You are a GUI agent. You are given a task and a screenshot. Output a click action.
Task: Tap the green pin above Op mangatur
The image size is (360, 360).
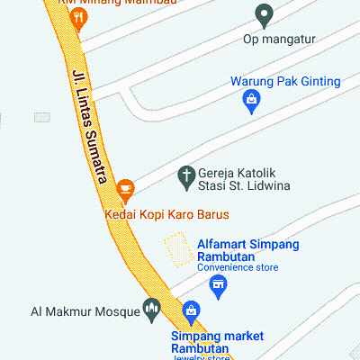[x=265, y=14]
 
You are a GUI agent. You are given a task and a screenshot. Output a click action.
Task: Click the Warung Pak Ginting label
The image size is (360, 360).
[x=285, y=82]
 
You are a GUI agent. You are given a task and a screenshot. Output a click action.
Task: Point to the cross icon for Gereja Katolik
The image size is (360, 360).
[x=186, y=175]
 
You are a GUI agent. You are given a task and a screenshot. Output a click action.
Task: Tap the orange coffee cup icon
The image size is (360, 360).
[x=125, y=188]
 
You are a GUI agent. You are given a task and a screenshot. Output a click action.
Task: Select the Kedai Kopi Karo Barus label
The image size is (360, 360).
[x=167, y=214]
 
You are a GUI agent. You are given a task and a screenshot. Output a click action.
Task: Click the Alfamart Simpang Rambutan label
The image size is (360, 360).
[x=248, y=250]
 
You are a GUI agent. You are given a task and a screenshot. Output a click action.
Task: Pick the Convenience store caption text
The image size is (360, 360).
[x=238, y=267]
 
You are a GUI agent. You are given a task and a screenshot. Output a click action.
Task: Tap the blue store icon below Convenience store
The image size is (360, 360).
[x=217, y=287]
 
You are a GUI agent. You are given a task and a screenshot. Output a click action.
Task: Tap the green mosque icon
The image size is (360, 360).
[x=152, y=311]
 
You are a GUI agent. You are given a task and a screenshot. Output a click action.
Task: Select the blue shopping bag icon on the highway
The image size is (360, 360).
[x=190, y=312]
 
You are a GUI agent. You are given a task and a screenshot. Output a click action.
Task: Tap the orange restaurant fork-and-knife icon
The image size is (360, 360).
[x=78, y=17]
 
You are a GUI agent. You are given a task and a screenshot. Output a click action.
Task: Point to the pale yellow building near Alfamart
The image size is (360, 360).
[x=178, y=249]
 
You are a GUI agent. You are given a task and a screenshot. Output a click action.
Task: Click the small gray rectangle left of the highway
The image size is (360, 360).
[x=41, y=117]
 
